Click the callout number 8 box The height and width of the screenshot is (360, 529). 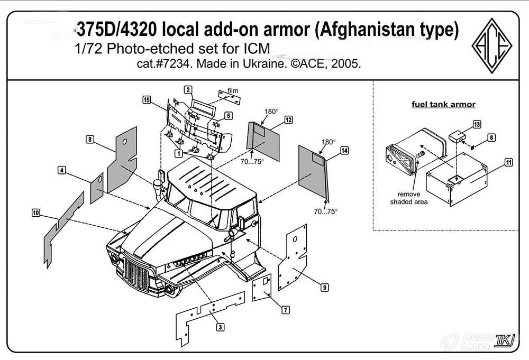tap(90, 139)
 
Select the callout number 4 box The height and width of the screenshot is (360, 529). tap(62, 170)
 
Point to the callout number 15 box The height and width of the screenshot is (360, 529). tap(147, 99)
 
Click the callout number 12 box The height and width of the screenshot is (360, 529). tap(288, 120)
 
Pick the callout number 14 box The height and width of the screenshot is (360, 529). tap(344, 151)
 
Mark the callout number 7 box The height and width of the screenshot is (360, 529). tap(286, 310)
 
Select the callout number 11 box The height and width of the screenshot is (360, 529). tap(508, 162)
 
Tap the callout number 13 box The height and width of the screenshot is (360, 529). tap(477, 124)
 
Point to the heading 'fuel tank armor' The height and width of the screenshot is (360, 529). tap(443, 104)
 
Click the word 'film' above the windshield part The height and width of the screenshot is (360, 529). tap(233, 91)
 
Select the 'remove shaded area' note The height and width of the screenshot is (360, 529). tap(409, 198)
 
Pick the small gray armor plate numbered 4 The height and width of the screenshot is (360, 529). tap(96, 187)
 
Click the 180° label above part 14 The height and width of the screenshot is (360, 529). tap(329, 142)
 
